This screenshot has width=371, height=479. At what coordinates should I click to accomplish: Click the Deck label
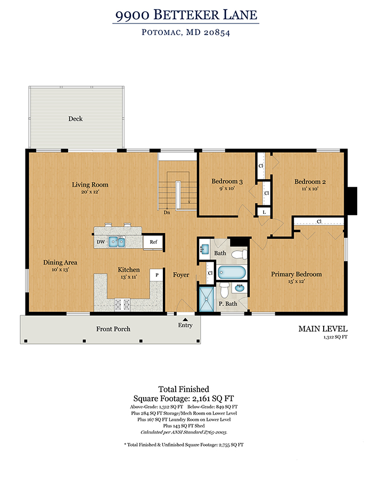76,119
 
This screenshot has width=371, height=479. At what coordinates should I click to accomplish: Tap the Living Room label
90,185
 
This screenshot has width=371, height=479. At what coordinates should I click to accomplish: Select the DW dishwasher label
101,242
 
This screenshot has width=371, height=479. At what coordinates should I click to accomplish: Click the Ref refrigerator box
153,242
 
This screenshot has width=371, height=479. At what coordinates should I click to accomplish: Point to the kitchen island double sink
117,242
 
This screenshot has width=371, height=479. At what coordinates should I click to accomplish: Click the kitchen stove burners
122,304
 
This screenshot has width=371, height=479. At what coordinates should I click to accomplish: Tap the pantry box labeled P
157,275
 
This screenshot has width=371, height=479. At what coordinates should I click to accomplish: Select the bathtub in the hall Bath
232,272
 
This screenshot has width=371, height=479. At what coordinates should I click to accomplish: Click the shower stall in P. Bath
207,299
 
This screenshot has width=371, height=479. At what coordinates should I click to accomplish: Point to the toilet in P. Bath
225,290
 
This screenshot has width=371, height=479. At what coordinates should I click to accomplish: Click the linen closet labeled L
264,212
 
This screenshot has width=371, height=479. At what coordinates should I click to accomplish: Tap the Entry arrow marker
185,319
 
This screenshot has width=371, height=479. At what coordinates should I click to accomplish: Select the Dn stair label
167,212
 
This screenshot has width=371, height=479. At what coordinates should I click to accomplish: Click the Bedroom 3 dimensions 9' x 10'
227,188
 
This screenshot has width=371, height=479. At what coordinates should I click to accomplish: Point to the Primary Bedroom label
296,274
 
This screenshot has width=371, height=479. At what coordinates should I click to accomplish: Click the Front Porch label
113,329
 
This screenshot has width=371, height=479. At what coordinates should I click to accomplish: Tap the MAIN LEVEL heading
323,329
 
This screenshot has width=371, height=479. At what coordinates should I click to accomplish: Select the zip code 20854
217,32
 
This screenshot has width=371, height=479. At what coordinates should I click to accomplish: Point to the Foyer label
181,275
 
